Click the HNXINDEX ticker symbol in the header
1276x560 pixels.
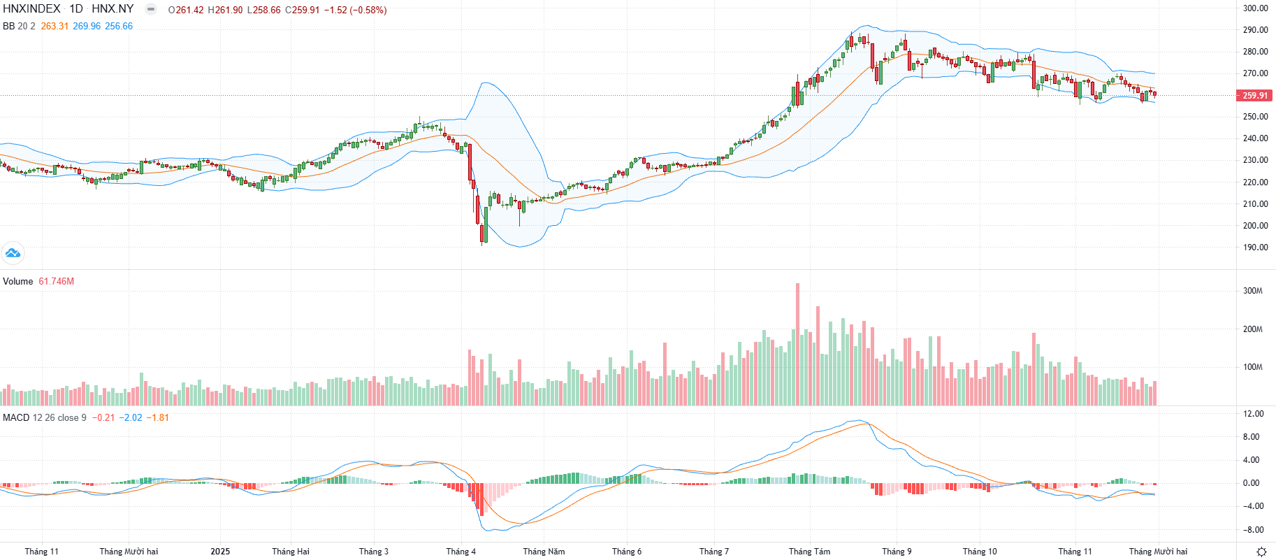pos(31,9)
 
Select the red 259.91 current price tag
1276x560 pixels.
pos(1254,96)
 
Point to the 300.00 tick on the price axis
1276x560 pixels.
pos(1255,8)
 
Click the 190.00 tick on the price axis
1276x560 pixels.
pos(1255,247)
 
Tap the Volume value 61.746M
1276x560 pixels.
pos(56,281)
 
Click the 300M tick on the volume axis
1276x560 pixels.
pos(1252,291)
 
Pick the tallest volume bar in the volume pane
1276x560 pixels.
pos(797,344)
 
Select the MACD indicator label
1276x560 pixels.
pos(16,417)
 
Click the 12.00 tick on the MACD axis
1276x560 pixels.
pos(1253,414)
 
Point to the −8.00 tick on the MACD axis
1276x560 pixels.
pos(1253,530)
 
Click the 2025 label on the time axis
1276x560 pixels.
pos(220,552)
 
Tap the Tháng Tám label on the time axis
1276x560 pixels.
pos(809,552)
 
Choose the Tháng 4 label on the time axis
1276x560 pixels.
pos(461,552)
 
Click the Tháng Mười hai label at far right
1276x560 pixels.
pos(1158,552)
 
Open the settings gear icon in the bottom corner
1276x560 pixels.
pos(1261,552)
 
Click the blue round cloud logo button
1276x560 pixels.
pos(13,253)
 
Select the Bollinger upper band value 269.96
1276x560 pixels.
pos(87,26)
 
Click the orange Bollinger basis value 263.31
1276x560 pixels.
pos(55,26)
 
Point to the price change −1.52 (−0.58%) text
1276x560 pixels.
pos(355,10)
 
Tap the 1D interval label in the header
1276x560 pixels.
pos(76,9)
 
